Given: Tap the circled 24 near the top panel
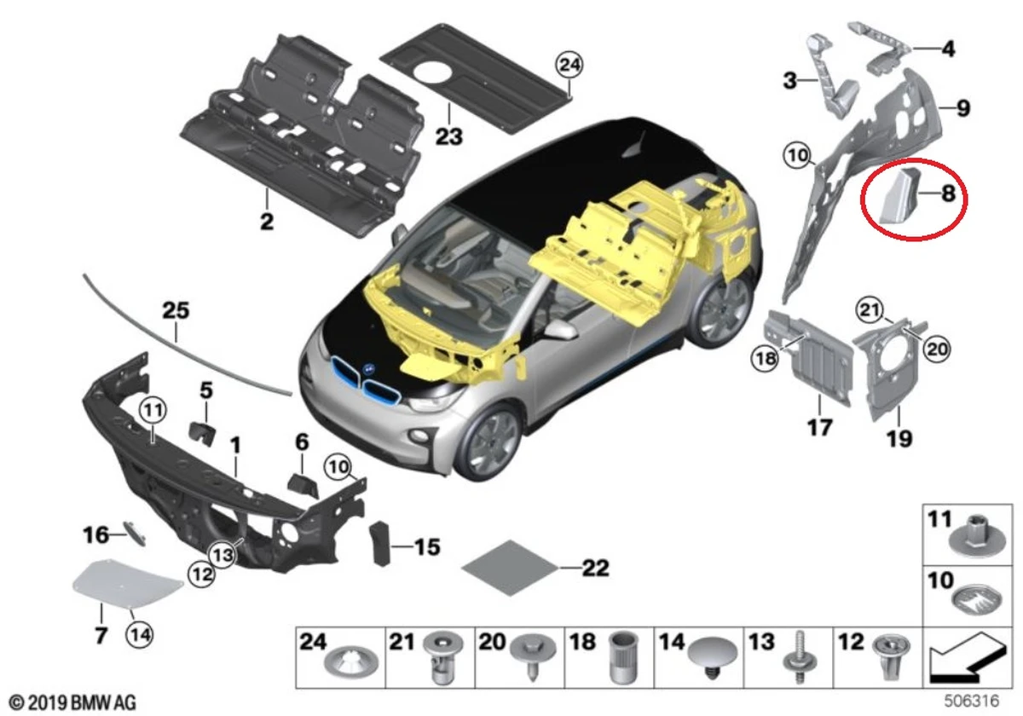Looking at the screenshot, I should pyautogui.click(x=568, y=64).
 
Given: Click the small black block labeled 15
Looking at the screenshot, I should pyautogui.click(x=379, y=545).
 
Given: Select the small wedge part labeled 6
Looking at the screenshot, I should pyautogui.click(x=303, y=483).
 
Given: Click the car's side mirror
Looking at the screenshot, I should pyautogui.click(x=558, y=330).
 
